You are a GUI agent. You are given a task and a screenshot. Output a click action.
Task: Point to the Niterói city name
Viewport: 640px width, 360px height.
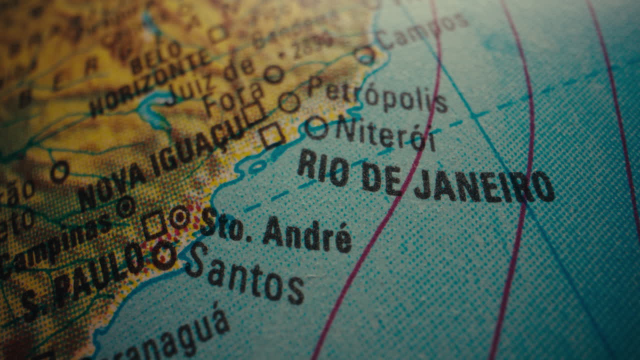click(x=385, y=133)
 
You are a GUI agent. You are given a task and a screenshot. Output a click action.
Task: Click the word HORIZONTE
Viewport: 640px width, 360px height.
click(x=150, y=82)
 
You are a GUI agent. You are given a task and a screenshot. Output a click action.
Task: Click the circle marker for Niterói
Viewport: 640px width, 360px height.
click(x=316, y=127)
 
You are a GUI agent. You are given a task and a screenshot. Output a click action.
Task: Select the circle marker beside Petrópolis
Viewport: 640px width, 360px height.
click(x=289, y=102)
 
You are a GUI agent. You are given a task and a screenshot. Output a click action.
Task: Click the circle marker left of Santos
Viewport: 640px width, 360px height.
click(x=164, y=255)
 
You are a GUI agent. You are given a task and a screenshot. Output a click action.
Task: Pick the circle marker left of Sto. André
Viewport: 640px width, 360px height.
click(x=179, y=217)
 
